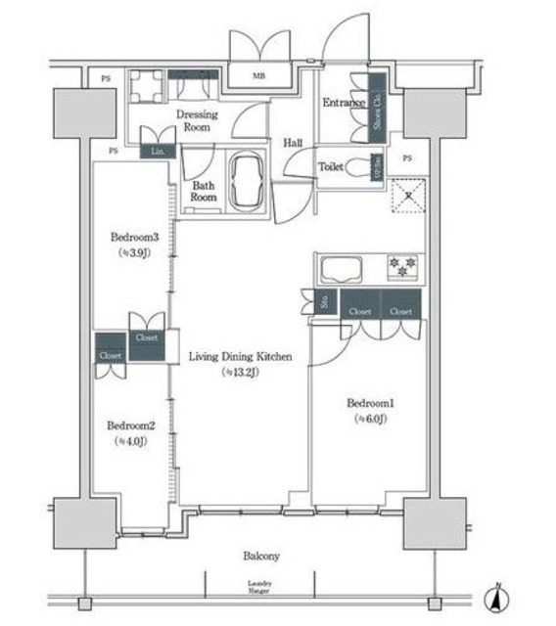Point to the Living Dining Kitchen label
pyautogui.click(x=241, y=358)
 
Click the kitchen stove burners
pyautogui.click(x=401, y=264)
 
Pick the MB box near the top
pyautogui.click(x=259, y=75)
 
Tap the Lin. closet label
pyautogui.click(x=158, y=152)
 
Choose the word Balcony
pyautogui.click(x=261, y=556)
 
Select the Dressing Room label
pyautogui.click(x=196, y=120)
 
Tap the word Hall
pyautogui.click(x=292, y=143)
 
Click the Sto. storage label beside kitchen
pyautogui.click(x=325, y=303)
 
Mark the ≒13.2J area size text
pyautogui.click(x=241, y=373)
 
